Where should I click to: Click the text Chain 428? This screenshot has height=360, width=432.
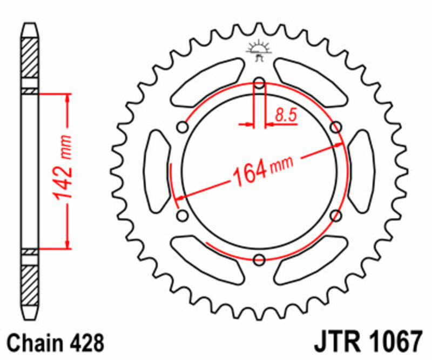click(x=54, y=342)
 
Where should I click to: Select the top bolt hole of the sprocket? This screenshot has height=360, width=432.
click(x=259, y=83)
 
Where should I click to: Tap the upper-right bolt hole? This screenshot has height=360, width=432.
click(x=336, y=127)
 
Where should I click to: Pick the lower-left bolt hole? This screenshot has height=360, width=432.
click(x=183, y=216)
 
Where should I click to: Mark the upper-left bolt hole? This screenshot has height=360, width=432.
click(x=183, y=127)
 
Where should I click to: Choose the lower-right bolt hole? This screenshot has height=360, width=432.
click(x=336, y=216)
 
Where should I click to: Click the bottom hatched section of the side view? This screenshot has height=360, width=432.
click(x=30, y=284)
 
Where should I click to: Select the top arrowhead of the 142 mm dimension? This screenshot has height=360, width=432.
click(x=68, y=98)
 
